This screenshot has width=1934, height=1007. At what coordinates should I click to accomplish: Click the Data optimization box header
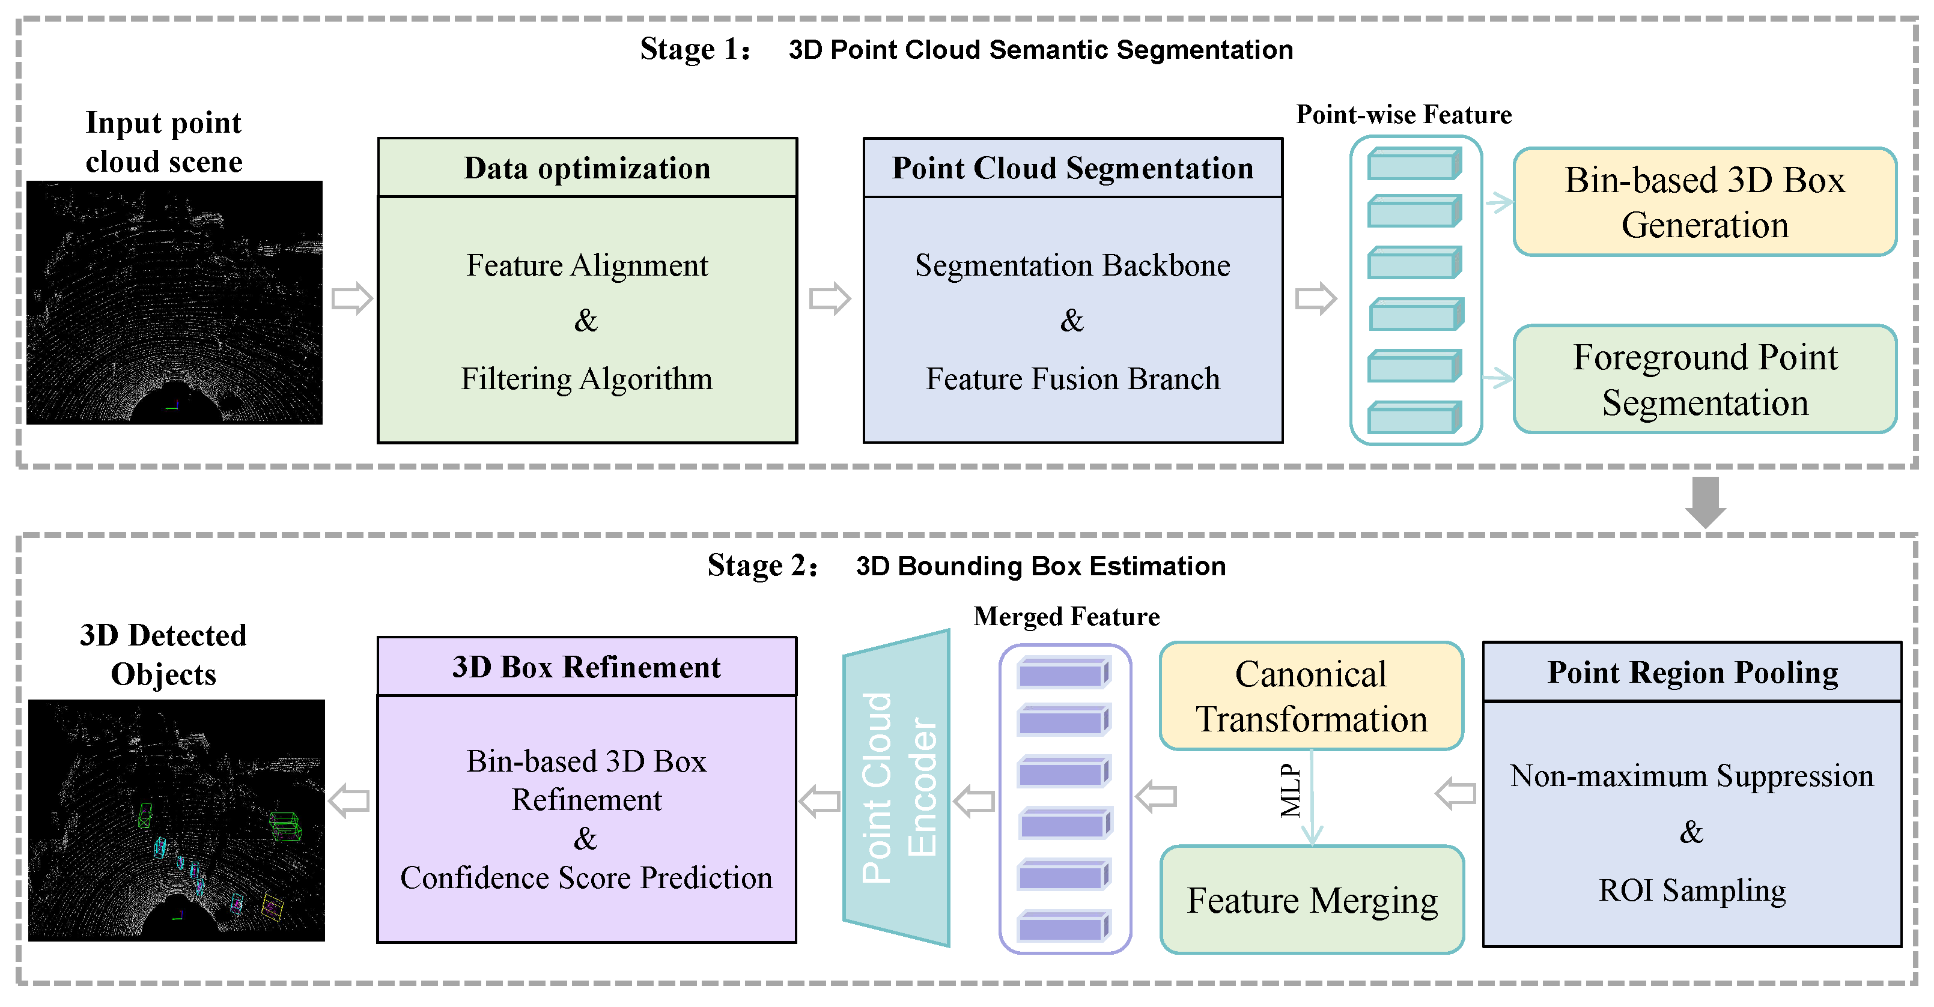pos(586,168)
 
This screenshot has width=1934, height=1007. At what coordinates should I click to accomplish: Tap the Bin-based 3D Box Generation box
pos(1704,202)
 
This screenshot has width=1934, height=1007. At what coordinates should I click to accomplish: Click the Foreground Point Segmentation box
pos(1704,380)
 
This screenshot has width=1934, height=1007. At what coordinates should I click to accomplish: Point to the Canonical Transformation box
pos(1311,695)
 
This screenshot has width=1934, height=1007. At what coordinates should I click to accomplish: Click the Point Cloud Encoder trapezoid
pos(897,788)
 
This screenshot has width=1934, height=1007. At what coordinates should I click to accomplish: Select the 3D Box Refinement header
pos(586,667)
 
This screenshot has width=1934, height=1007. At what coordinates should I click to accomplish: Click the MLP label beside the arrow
pos(1290,791)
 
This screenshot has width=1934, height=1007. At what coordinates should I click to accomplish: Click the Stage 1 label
pos(695,49)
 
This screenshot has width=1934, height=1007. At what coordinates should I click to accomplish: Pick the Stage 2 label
pos(761,566)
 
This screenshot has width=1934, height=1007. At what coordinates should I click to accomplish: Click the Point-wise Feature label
pos(1403,114)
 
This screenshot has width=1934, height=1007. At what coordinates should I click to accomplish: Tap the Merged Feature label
pos(1066,616)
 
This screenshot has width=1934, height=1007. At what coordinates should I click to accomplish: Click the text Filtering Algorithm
pos(586,379)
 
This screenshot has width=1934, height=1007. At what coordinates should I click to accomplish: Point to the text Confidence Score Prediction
pos(586,877)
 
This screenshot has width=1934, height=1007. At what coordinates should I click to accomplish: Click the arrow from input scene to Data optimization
pos(352,298)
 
